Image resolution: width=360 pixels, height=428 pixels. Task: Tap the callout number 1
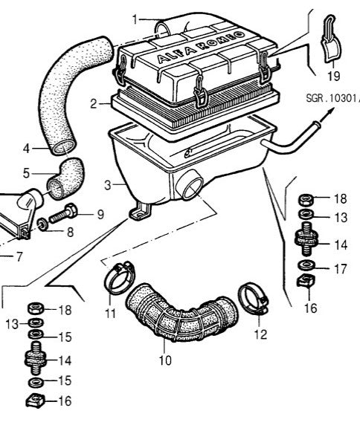(x=135, y=18)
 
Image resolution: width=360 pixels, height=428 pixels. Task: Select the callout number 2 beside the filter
(x=94, y=105)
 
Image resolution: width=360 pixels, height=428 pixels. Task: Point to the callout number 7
(x=7, y=258)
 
